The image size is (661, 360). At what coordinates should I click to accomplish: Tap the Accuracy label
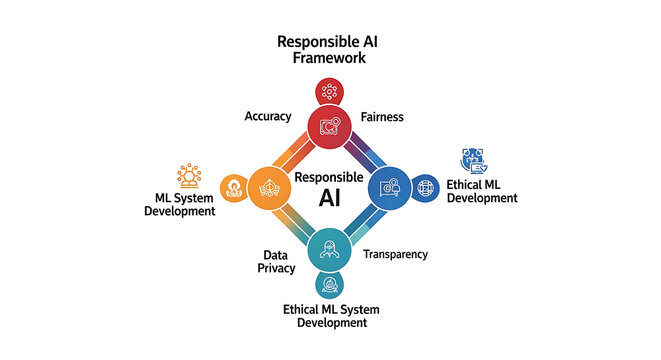tap(268, 117)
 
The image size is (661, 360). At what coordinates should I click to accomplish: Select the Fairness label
tap(381, 117)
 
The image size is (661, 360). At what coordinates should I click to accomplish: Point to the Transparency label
tap(395, 254)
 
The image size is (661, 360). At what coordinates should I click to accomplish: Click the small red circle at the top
tap(329, 93)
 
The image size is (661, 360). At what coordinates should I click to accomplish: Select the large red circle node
tap(330, 126)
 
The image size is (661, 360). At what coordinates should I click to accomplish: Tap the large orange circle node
tap(268, 187)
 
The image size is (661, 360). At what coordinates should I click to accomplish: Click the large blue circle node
tap(391, 187)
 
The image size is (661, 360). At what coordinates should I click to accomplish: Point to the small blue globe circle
tap(425, 187)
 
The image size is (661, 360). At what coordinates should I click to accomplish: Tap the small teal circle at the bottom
tap(329, 285)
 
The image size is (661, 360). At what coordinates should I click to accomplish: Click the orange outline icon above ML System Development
tap(188, 177)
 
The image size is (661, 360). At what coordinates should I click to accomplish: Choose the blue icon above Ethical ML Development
tap(472, 161)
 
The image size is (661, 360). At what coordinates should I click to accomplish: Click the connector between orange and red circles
tap(298, 156)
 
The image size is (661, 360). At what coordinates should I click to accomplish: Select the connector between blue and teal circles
tap(361, 219)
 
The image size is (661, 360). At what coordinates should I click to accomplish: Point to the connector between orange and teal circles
tap(298, 219)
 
